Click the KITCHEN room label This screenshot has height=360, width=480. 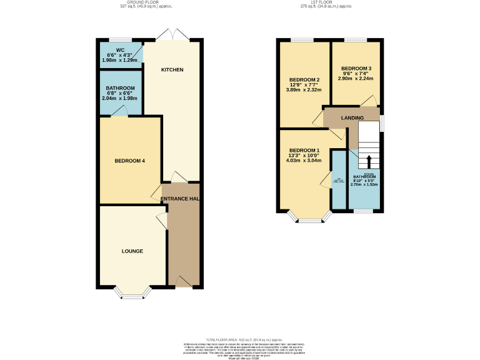(172, 69)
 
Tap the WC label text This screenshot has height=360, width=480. (121, 49)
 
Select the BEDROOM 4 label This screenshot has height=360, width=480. (129, 161)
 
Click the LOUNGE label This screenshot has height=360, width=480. (132, 251)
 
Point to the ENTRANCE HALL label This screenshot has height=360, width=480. (181, 199)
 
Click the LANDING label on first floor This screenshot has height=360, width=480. (352, 117)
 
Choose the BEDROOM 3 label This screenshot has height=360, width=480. (356, 68)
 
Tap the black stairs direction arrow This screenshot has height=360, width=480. (368, 161)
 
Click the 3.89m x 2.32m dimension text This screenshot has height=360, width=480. (305, 90)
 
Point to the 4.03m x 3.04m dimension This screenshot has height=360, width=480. (305, 161)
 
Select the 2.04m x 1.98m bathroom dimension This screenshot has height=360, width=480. (119, 98)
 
